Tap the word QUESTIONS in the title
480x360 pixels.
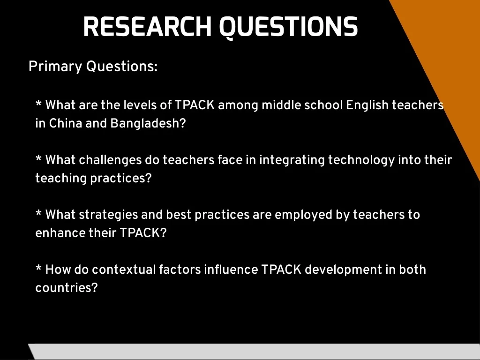coord(288,28)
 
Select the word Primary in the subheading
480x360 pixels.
coord(55,67)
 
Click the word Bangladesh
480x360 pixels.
coord(148,123)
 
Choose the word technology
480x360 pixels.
coord(361,160)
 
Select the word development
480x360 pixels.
coord(344,270)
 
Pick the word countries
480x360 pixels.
coord(67,288)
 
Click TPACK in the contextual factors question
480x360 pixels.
coord(281,270)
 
